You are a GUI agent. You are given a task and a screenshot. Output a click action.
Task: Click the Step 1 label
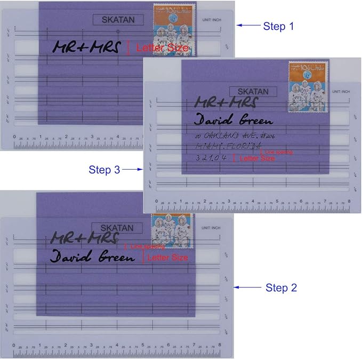(x=278, y=26)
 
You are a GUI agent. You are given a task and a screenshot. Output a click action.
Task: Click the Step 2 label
(x=281, y=287)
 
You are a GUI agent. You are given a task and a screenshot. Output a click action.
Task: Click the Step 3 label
(x=104, y=170)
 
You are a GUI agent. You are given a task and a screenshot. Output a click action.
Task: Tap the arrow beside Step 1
(x=248, y=25)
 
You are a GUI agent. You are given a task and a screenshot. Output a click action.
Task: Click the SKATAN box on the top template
(x=118, y=20)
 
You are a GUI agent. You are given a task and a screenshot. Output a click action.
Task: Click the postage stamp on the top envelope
(x=174, y=29)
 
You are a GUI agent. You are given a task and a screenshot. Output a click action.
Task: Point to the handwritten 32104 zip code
(x=212, y=158)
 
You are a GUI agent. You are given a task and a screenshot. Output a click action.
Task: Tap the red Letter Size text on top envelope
(x=162, y=48)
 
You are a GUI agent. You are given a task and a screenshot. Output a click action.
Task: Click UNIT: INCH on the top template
(x=212, y=20)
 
